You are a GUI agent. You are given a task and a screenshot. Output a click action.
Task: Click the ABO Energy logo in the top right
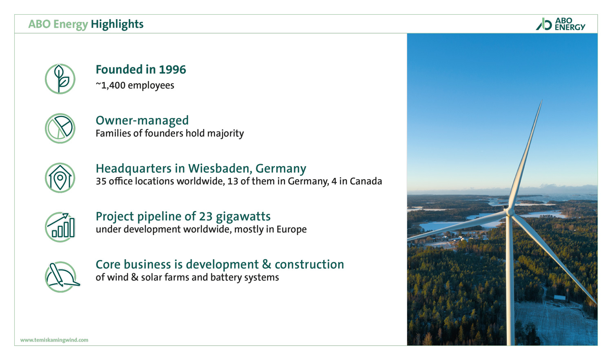point(560,24)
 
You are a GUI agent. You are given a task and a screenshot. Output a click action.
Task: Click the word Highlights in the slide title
point(117,24)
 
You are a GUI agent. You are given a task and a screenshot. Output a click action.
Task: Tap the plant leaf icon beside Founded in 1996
point(60,79)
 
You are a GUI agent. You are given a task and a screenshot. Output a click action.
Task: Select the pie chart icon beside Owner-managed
point(60,129)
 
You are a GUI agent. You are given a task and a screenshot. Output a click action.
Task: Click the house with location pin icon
point(60,178)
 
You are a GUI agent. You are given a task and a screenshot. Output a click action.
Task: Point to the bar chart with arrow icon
point(60,227)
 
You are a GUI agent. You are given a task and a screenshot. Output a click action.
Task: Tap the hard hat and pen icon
point(62,277)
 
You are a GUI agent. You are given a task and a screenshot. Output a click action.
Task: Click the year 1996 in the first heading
point(173,70)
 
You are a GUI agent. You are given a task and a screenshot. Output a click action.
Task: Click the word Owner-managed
point(142,120)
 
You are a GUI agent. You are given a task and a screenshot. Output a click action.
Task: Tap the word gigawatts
point(243,217)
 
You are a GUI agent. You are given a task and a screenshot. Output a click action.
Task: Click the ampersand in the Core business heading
point(267,264)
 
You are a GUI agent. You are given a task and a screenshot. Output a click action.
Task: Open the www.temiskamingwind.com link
point(54,340)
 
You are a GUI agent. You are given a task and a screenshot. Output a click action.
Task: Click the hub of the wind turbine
point(509,212)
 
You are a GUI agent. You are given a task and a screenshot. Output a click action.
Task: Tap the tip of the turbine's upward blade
point(542,100)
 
